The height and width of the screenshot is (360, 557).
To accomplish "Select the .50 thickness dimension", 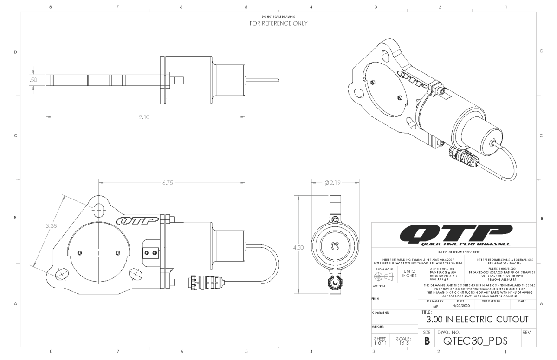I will pos(34,80).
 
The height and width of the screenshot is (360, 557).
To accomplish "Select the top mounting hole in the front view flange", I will pos(99,210).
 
